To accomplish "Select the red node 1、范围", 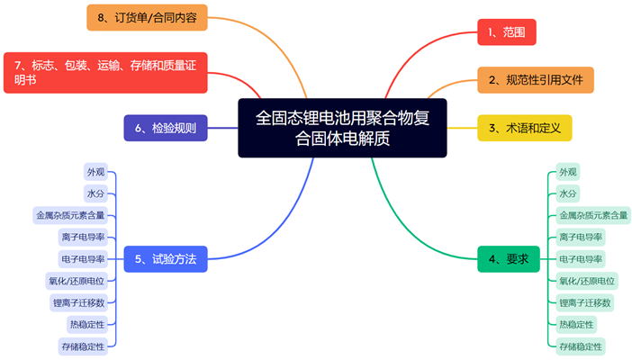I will pos(506,32).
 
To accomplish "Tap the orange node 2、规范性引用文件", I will pos(535,80).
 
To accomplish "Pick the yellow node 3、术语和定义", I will pos(524,128).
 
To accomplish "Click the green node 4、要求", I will pos(508,259).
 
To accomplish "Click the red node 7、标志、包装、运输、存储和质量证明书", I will pos(105,72).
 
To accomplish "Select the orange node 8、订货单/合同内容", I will pos(147,17).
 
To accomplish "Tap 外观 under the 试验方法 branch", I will pos(95,172).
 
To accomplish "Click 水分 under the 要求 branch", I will pos(567,193).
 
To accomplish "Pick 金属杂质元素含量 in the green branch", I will pos(593,215).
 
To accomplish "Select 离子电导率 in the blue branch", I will pos(82,237).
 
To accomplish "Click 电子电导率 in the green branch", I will pos(581,259).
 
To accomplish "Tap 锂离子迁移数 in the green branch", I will pos(584,302).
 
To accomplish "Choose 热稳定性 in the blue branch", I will pos(86,324).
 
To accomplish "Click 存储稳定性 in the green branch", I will pos(580,346).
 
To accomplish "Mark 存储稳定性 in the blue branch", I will pos(82,346).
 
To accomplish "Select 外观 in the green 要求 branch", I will pos(567,172).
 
